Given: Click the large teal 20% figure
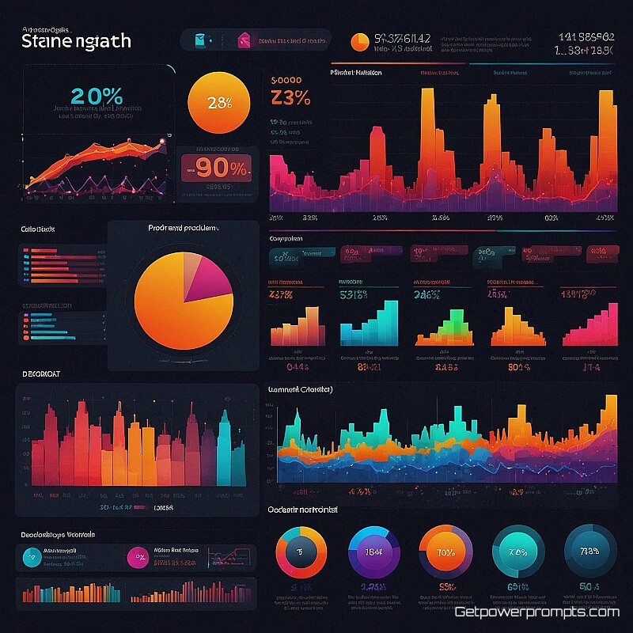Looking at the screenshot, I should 97,96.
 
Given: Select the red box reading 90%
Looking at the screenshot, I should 216,168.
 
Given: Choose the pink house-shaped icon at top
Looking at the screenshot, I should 243,40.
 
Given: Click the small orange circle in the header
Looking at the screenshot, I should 359,41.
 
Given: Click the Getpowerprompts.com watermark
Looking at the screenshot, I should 536,612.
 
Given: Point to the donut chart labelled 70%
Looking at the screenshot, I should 445,552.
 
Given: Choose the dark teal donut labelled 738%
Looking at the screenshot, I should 590,551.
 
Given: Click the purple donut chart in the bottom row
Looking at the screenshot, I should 374,552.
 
